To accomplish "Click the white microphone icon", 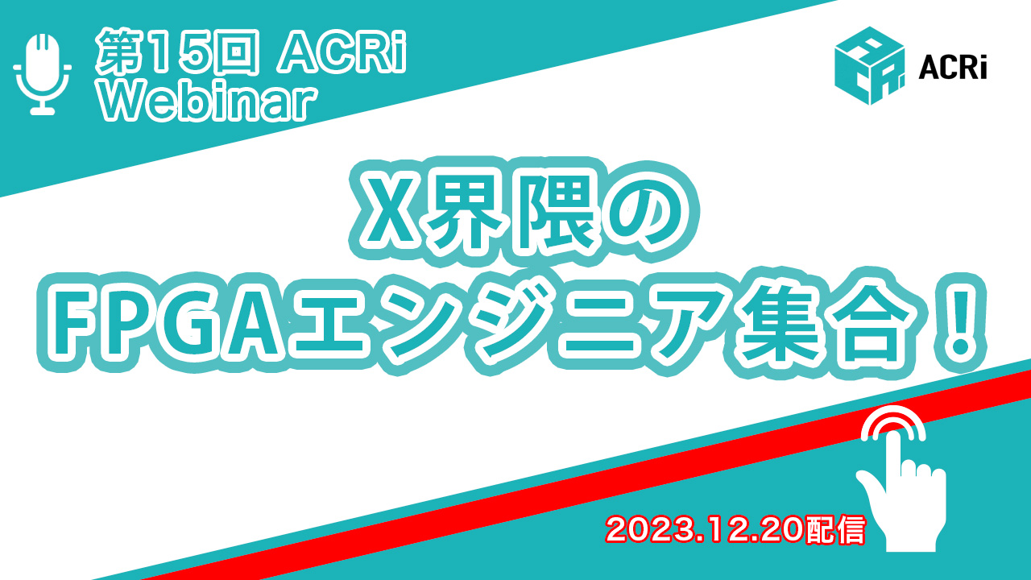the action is [x=43, y=73].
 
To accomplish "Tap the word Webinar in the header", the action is [x=208, y=101].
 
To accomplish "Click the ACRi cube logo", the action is [x=869, y=66].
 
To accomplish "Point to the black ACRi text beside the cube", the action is [x=953, y=68].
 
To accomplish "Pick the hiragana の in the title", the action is [x=641, y=212].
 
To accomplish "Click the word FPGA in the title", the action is [x=167, y=323].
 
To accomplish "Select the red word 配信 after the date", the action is [x=836, y=530].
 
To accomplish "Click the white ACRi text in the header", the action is [x=342, y=52].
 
